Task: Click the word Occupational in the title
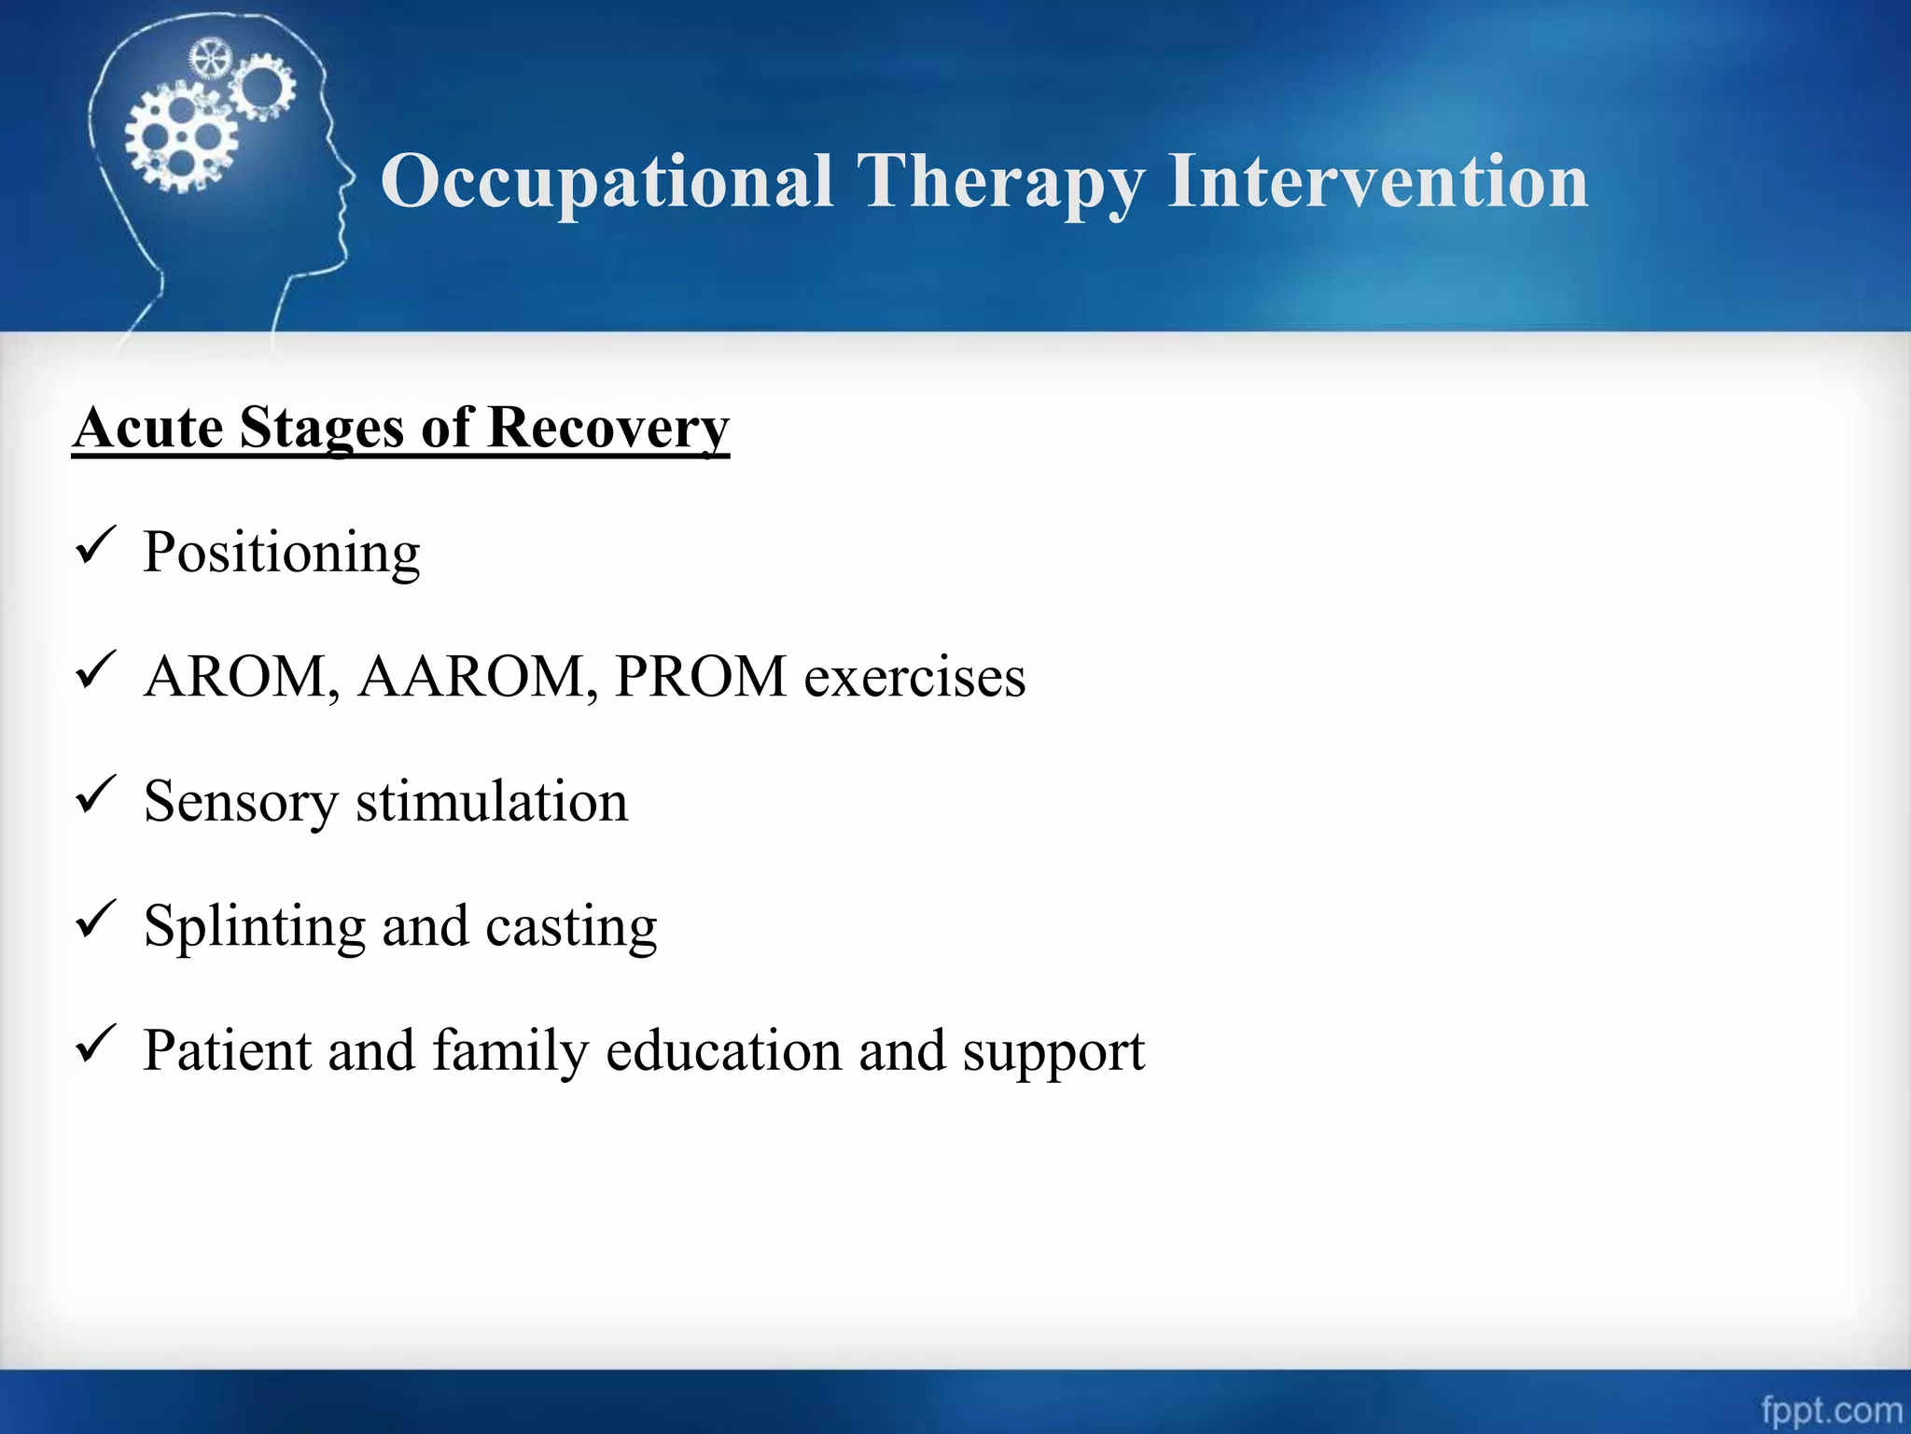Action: tap(607, 182)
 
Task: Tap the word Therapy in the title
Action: tap(999, 182)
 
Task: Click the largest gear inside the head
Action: tap(181, 137)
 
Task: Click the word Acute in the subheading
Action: tap(148, 429)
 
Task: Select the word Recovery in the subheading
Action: tap(607, 429)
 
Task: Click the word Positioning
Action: tap(282, 553)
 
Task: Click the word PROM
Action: tap(701, 676)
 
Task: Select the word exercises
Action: tap(914, 678)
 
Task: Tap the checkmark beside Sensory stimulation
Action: tap(94, 794)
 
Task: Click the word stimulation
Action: tap(492, 801)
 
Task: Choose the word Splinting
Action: tap(254, 927)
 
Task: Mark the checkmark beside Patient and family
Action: tap(94, 1043)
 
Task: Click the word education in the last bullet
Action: tap(723, 1050)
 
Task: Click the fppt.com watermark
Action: tap(1831, 1410)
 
